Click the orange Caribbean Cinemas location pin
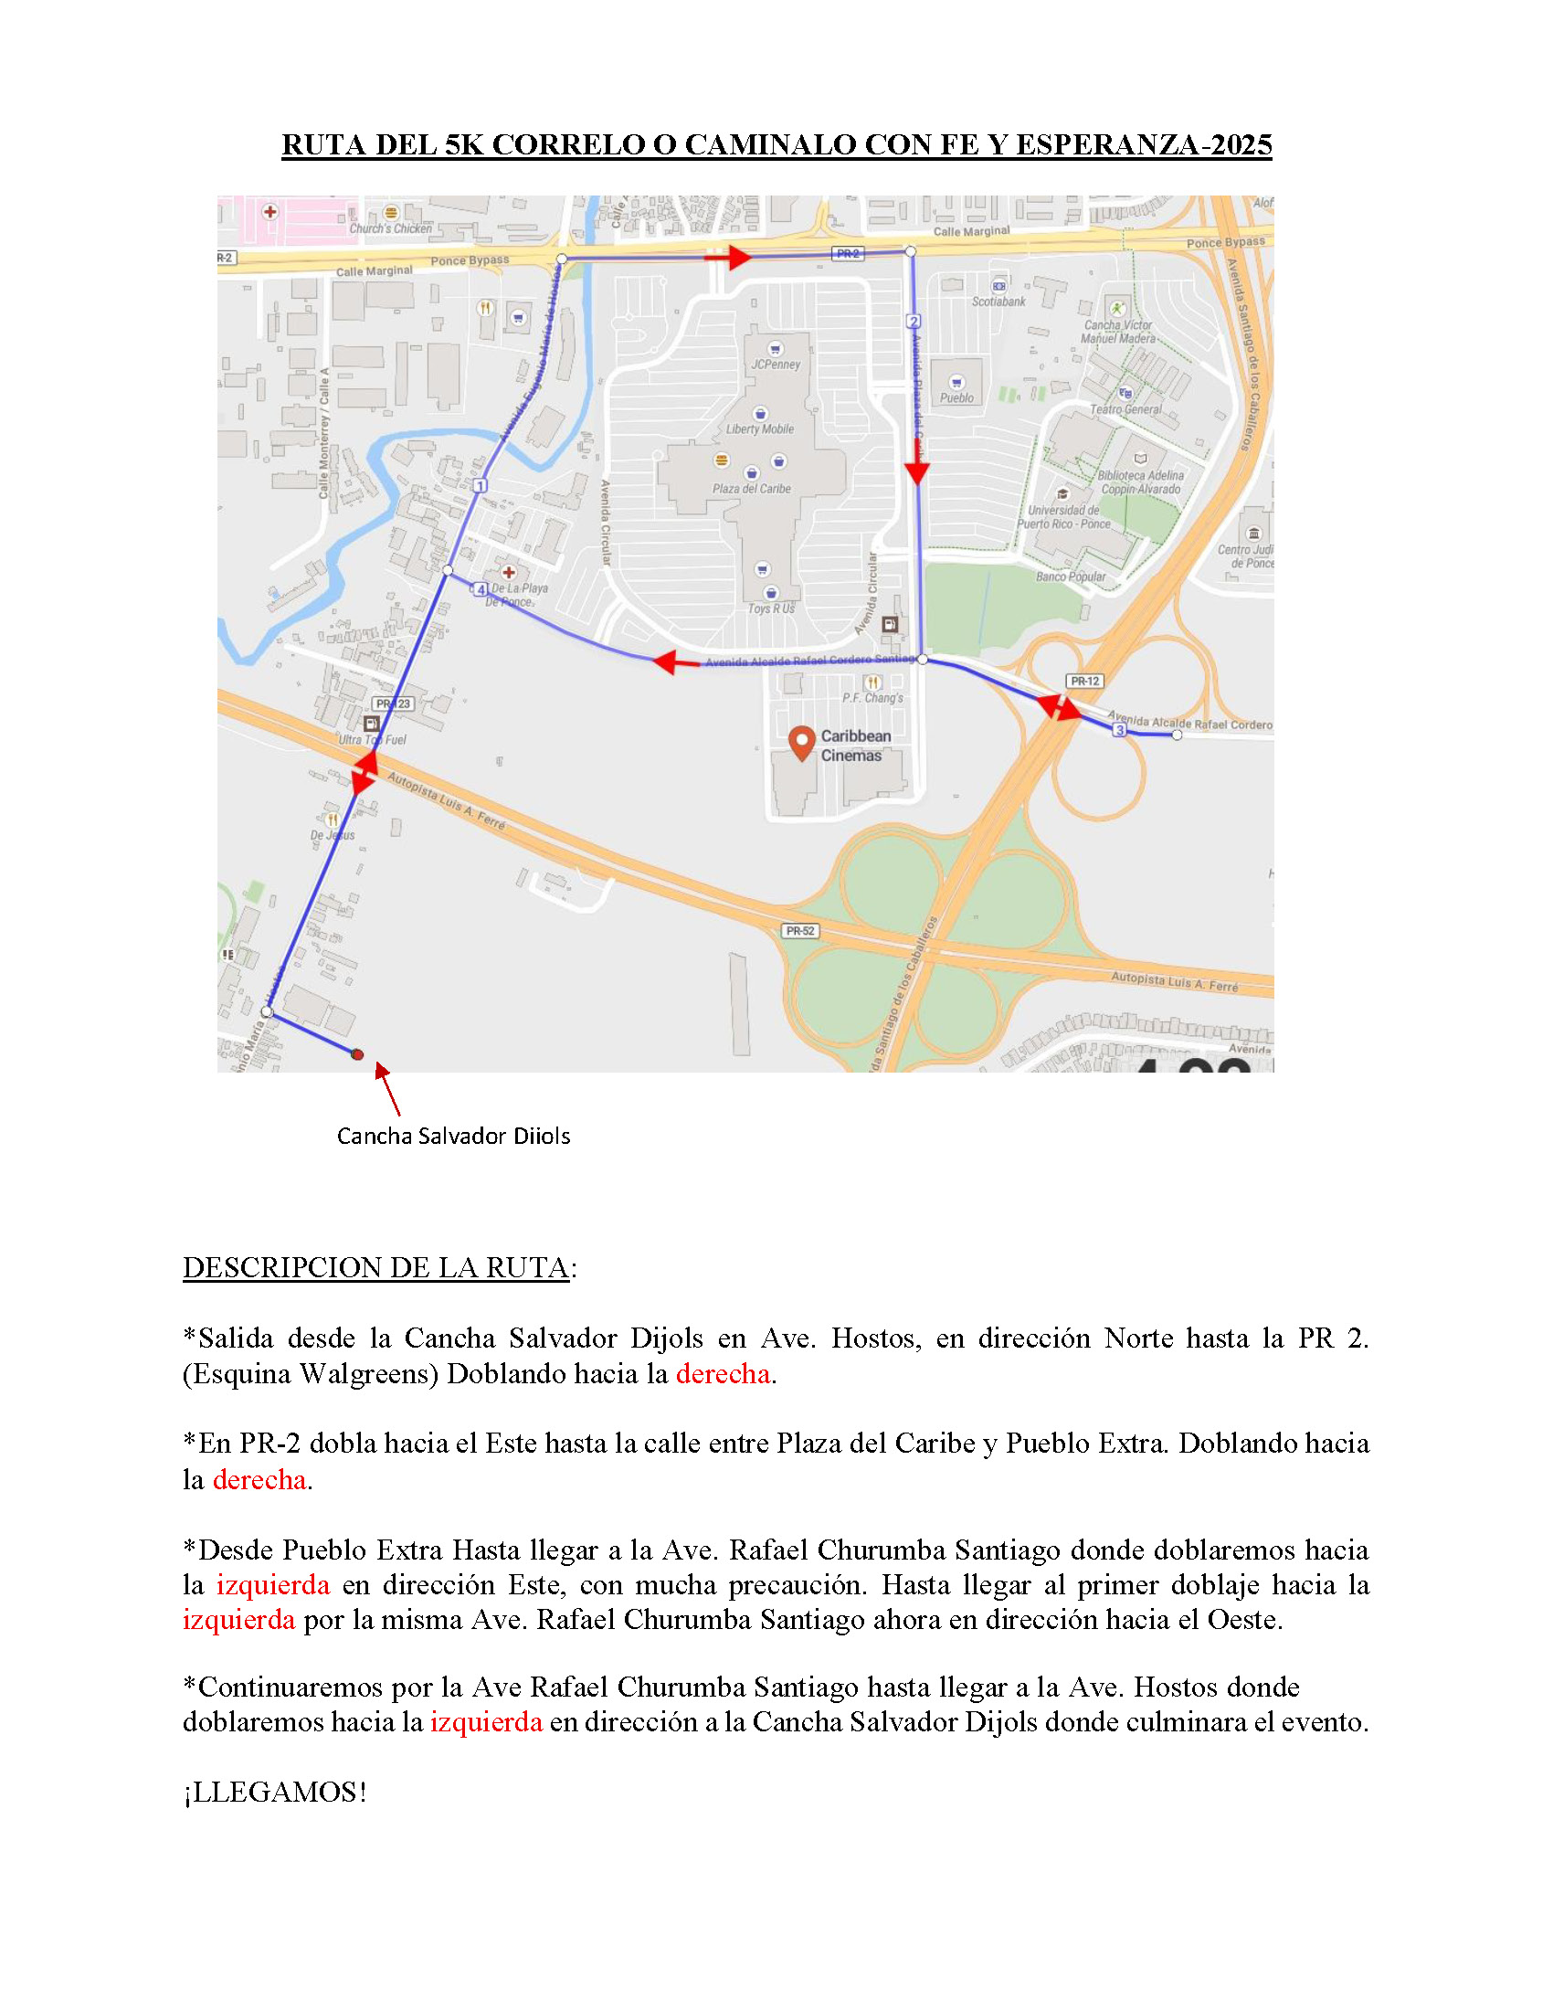[x=802, y=742]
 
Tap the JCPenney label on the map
[x=776, y=365]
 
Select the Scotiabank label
[x=998, y=301]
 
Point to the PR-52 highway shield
[x=799, y=930]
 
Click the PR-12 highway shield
[x=1084, y=681]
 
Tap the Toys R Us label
[x=771, y=608]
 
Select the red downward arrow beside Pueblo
[x=916, y=471]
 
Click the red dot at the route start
[x=358, y=1054]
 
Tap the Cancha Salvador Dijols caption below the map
[x=452, y=1137]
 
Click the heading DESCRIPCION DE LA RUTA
[x=375, y=1267]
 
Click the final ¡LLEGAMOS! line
[x=274, y=1792]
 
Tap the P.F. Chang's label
[x=872, y=698]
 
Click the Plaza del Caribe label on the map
[x=751, y=489]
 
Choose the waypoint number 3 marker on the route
[x=1119, y=730]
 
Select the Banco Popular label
[x=1070, y=577]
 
